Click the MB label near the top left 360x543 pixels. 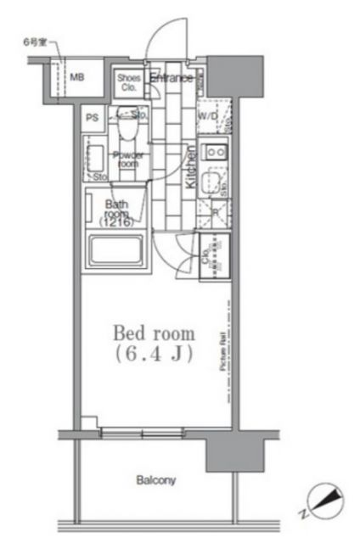click(77, 76)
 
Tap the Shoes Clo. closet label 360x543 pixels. click(129, 83)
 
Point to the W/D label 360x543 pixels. click(208, 116)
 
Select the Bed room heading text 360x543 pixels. click(155, 333)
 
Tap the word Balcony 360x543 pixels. click(155, 480)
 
